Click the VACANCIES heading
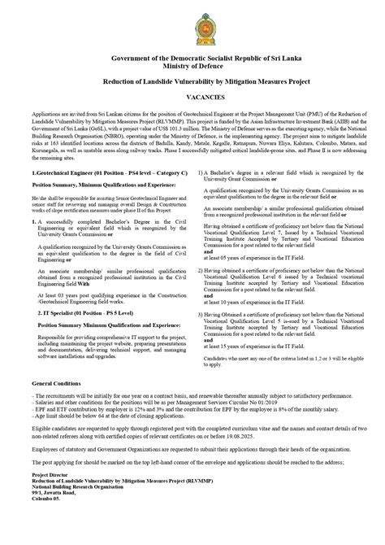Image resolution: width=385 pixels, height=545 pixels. tap(192, 96)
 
